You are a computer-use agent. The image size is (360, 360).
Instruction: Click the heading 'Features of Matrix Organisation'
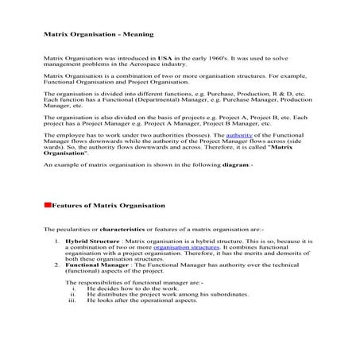[x=108, y=205]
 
